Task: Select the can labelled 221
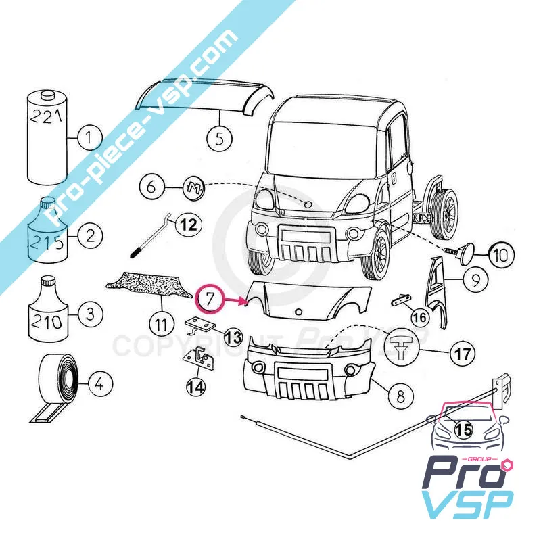[47, 139]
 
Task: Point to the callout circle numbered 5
[219, 139]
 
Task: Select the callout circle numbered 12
[189, 225]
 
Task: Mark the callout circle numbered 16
[419, 316]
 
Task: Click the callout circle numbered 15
[463, 429]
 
